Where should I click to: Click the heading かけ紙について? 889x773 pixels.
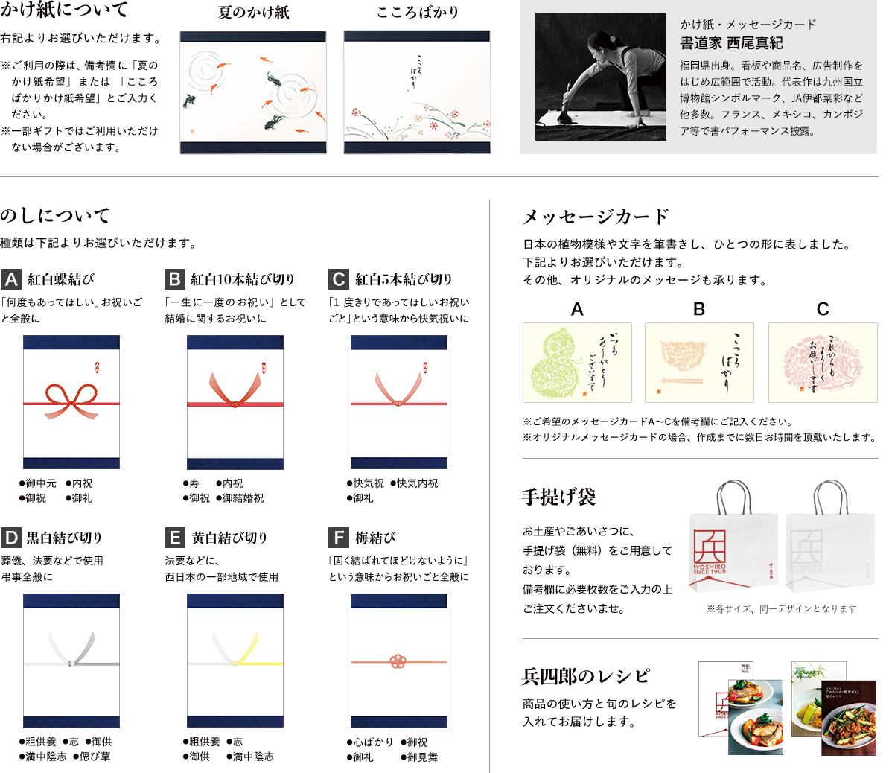[65, 10]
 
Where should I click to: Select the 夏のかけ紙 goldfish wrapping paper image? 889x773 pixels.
[253, 92]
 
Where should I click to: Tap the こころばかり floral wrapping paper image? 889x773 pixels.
[417, 92]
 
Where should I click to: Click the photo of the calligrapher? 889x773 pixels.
[600, 77]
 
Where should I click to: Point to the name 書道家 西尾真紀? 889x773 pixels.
[731, 43]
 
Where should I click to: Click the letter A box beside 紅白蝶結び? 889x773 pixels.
[10, 279]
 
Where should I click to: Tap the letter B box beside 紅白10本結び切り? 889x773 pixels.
[174, 279]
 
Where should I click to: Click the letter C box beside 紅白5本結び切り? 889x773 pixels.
[339, 279]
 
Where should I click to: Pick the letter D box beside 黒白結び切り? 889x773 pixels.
[10, 538]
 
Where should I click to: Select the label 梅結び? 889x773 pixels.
[375, 538]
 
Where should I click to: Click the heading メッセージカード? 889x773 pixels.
[596, 217]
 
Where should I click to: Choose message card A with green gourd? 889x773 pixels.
[577, 363]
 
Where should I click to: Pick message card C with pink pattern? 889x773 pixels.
[823, 363]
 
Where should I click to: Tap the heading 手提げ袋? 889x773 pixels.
[559, 497]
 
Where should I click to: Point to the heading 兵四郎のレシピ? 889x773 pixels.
[586, 676]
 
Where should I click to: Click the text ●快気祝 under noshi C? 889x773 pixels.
[365, 483]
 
